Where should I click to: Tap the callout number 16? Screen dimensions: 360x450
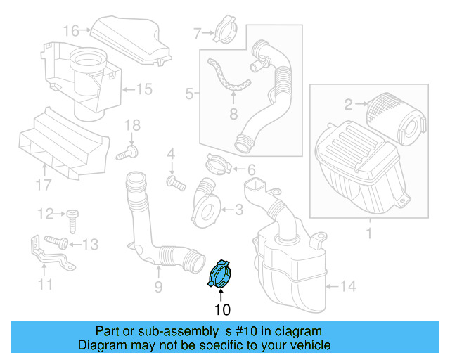[72, 30]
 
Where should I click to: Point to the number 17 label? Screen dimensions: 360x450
[44, 186]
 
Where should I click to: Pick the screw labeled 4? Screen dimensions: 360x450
[174, 182]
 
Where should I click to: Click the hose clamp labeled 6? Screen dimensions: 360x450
[220, 167]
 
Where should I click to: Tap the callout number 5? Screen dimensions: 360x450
[189, 92]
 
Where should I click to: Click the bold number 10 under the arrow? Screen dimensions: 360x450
[222, 309]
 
